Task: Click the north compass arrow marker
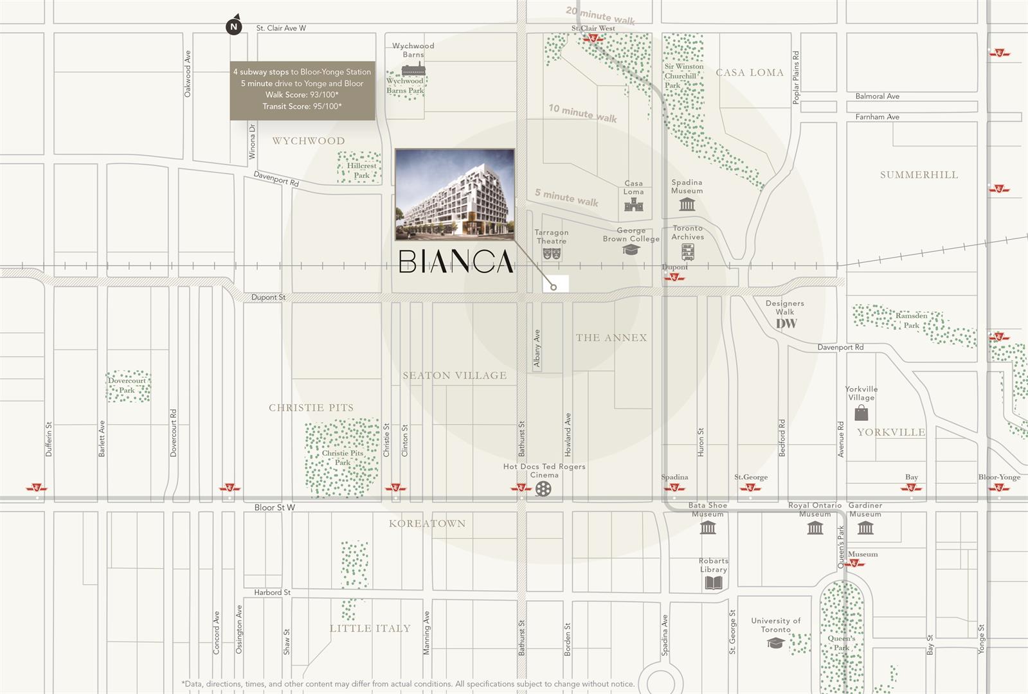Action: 234,26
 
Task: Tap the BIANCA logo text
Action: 456,262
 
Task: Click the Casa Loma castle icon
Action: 633,206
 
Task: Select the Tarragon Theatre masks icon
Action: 552,254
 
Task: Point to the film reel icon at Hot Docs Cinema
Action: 543,490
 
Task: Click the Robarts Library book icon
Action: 714,583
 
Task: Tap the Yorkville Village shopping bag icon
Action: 861,413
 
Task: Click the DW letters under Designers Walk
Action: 786,325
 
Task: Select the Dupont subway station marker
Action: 674,278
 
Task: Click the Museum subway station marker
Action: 854,564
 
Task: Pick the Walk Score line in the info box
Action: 302,95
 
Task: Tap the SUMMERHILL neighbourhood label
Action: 919,175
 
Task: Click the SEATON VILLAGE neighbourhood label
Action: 455,376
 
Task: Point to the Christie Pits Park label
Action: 343,458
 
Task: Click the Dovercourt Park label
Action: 127,386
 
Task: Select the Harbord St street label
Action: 272,592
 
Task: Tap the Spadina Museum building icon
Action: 687,205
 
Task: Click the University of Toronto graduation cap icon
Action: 775,643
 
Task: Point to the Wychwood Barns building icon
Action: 413,69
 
